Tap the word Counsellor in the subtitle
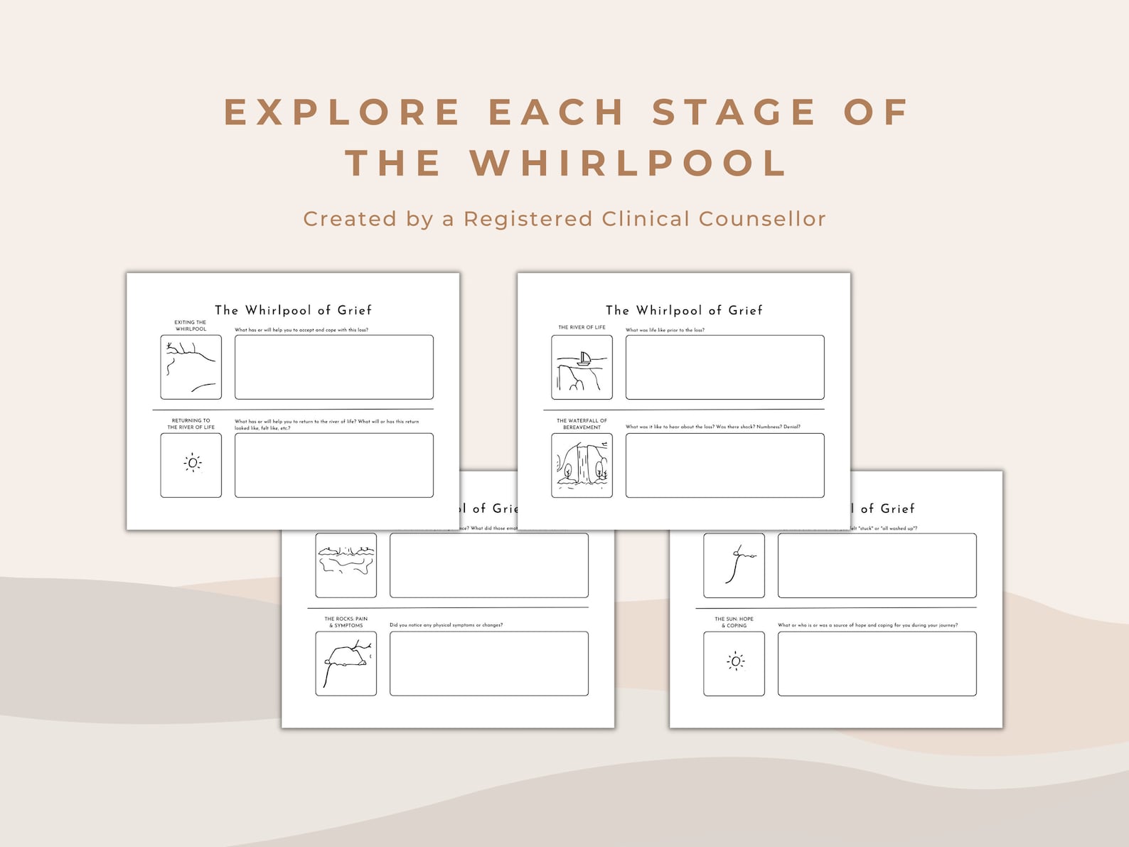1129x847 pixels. [x=762, y=218]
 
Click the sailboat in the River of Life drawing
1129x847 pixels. [x=584, y=358]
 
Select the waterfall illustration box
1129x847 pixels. [x=582, y=465]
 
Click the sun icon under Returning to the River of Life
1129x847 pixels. [x=192, y=463]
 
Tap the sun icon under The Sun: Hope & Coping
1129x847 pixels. [x=735, y=661]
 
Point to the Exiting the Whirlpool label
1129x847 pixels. [x=191, y=326]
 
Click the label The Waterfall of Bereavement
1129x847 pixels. [x=582, y=424]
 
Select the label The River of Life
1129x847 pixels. [x=582, y=327]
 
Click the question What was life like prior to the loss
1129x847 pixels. [x=665, y=330]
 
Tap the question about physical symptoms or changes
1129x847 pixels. [x=446, y=625]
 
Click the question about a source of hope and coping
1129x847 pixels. [x=867, y=625]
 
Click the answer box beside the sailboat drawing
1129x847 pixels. [x=724, y=367]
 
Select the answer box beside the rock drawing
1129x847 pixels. [x=488, y=664]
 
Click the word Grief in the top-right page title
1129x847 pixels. [x=745, y=310]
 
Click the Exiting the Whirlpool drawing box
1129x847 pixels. [x=191, y=367]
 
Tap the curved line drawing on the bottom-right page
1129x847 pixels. [x=734, y=565]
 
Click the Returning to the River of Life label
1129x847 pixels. [x=191, y=424]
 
